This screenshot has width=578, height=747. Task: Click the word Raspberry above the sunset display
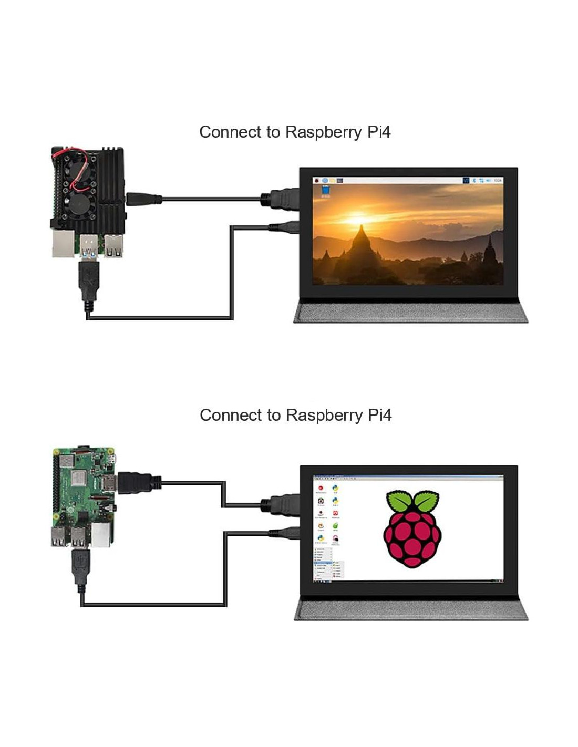click(323, 132)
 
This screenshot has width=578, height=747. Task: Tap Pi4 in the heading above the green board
click(379, 415)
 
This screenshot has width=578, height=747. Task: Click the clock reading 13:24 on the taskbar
click(497, 181)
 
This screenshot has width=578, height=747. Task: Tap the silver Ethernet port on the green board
click(101, 535)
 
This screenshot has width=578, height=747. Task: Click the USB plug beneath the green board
click(80, 569)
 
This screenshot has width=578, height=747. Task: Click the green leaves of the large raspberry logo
click(412, 501)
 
